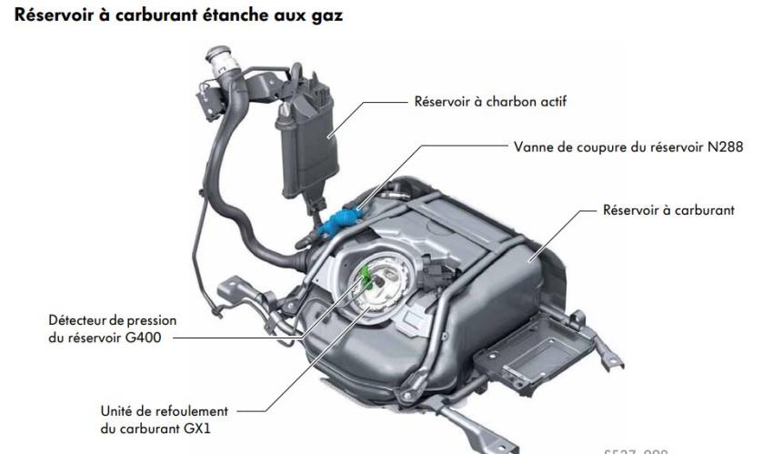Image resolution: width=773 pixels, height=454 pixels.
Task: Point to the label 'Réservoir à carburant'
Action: pyautogui.click(x=668, y=210)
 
